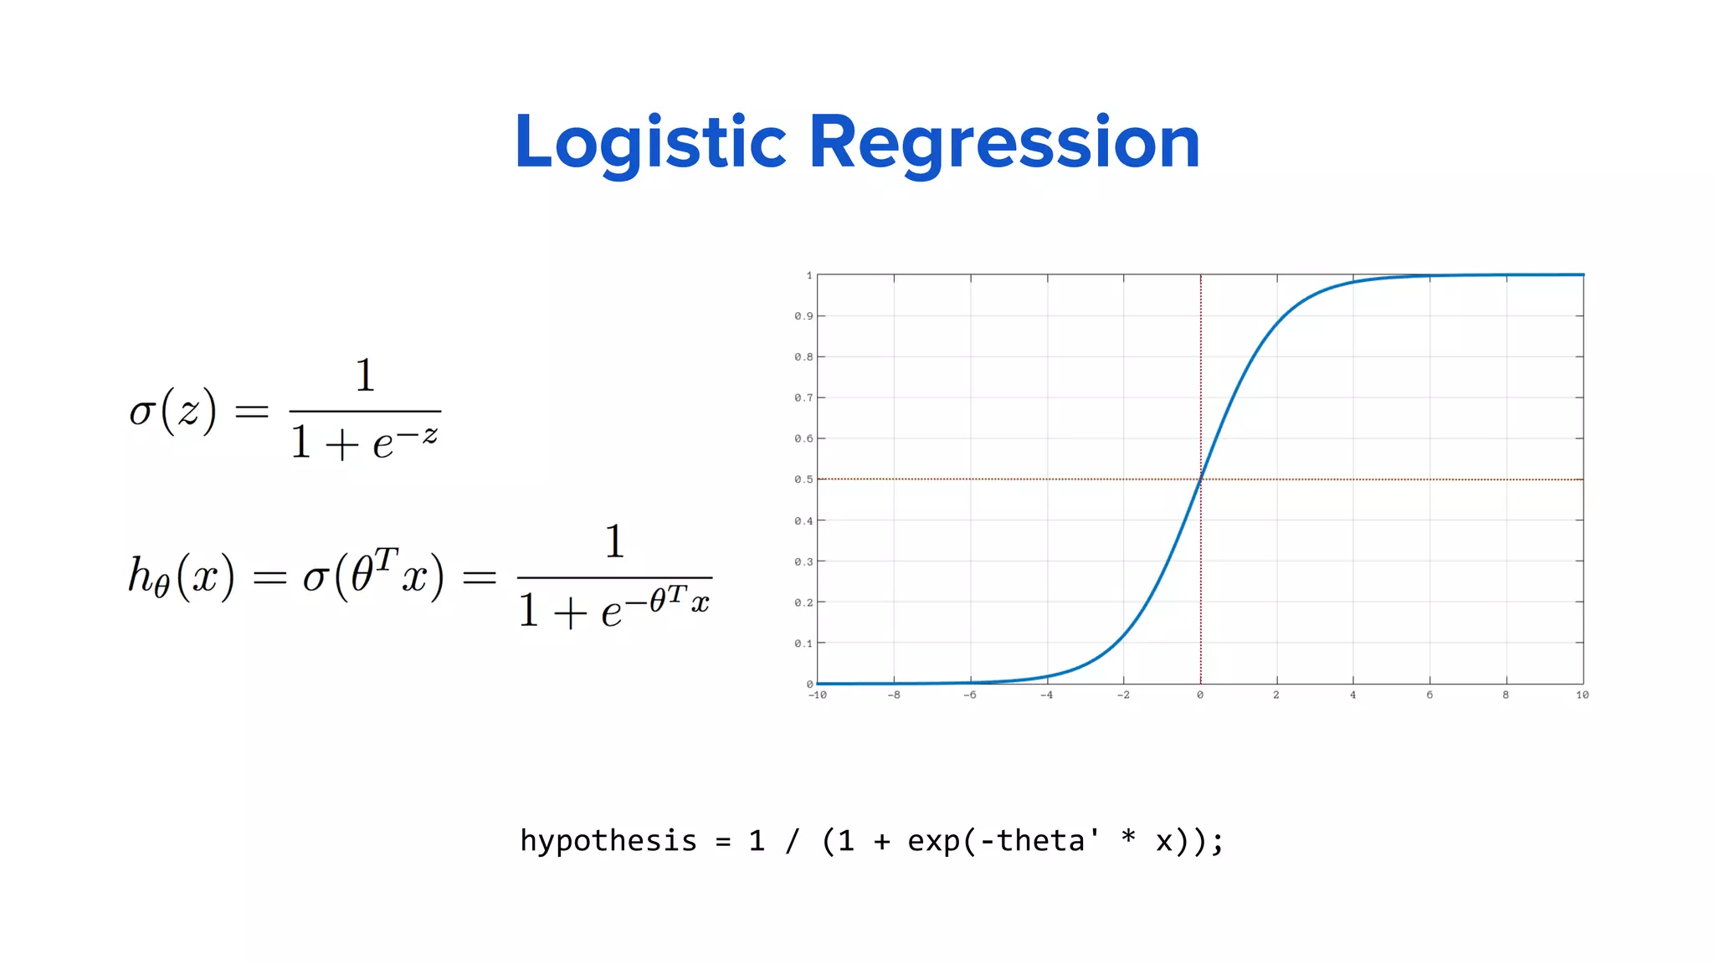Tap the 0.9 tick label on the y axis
(803, 316)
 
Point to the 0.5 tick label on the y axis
(803, 479)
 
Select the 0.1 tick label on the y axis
(803, 644)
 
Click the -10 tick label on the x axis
(817, 695)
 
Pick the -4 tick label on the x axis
(1046, 695)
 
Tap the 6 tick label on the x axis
(1429, 695)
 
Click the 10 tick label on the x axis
(1582, 695)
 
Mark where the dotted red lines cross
(1200, 479)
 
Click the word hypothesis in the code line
(608, 841)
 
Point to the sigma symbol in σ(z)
(143, 413)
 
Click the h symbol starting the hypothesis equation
(141, 575)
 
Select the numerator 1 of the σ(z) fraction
(364, 376)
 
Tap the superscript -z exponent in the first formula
(418, 434)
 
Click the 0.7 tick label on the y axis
(803, 398)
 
